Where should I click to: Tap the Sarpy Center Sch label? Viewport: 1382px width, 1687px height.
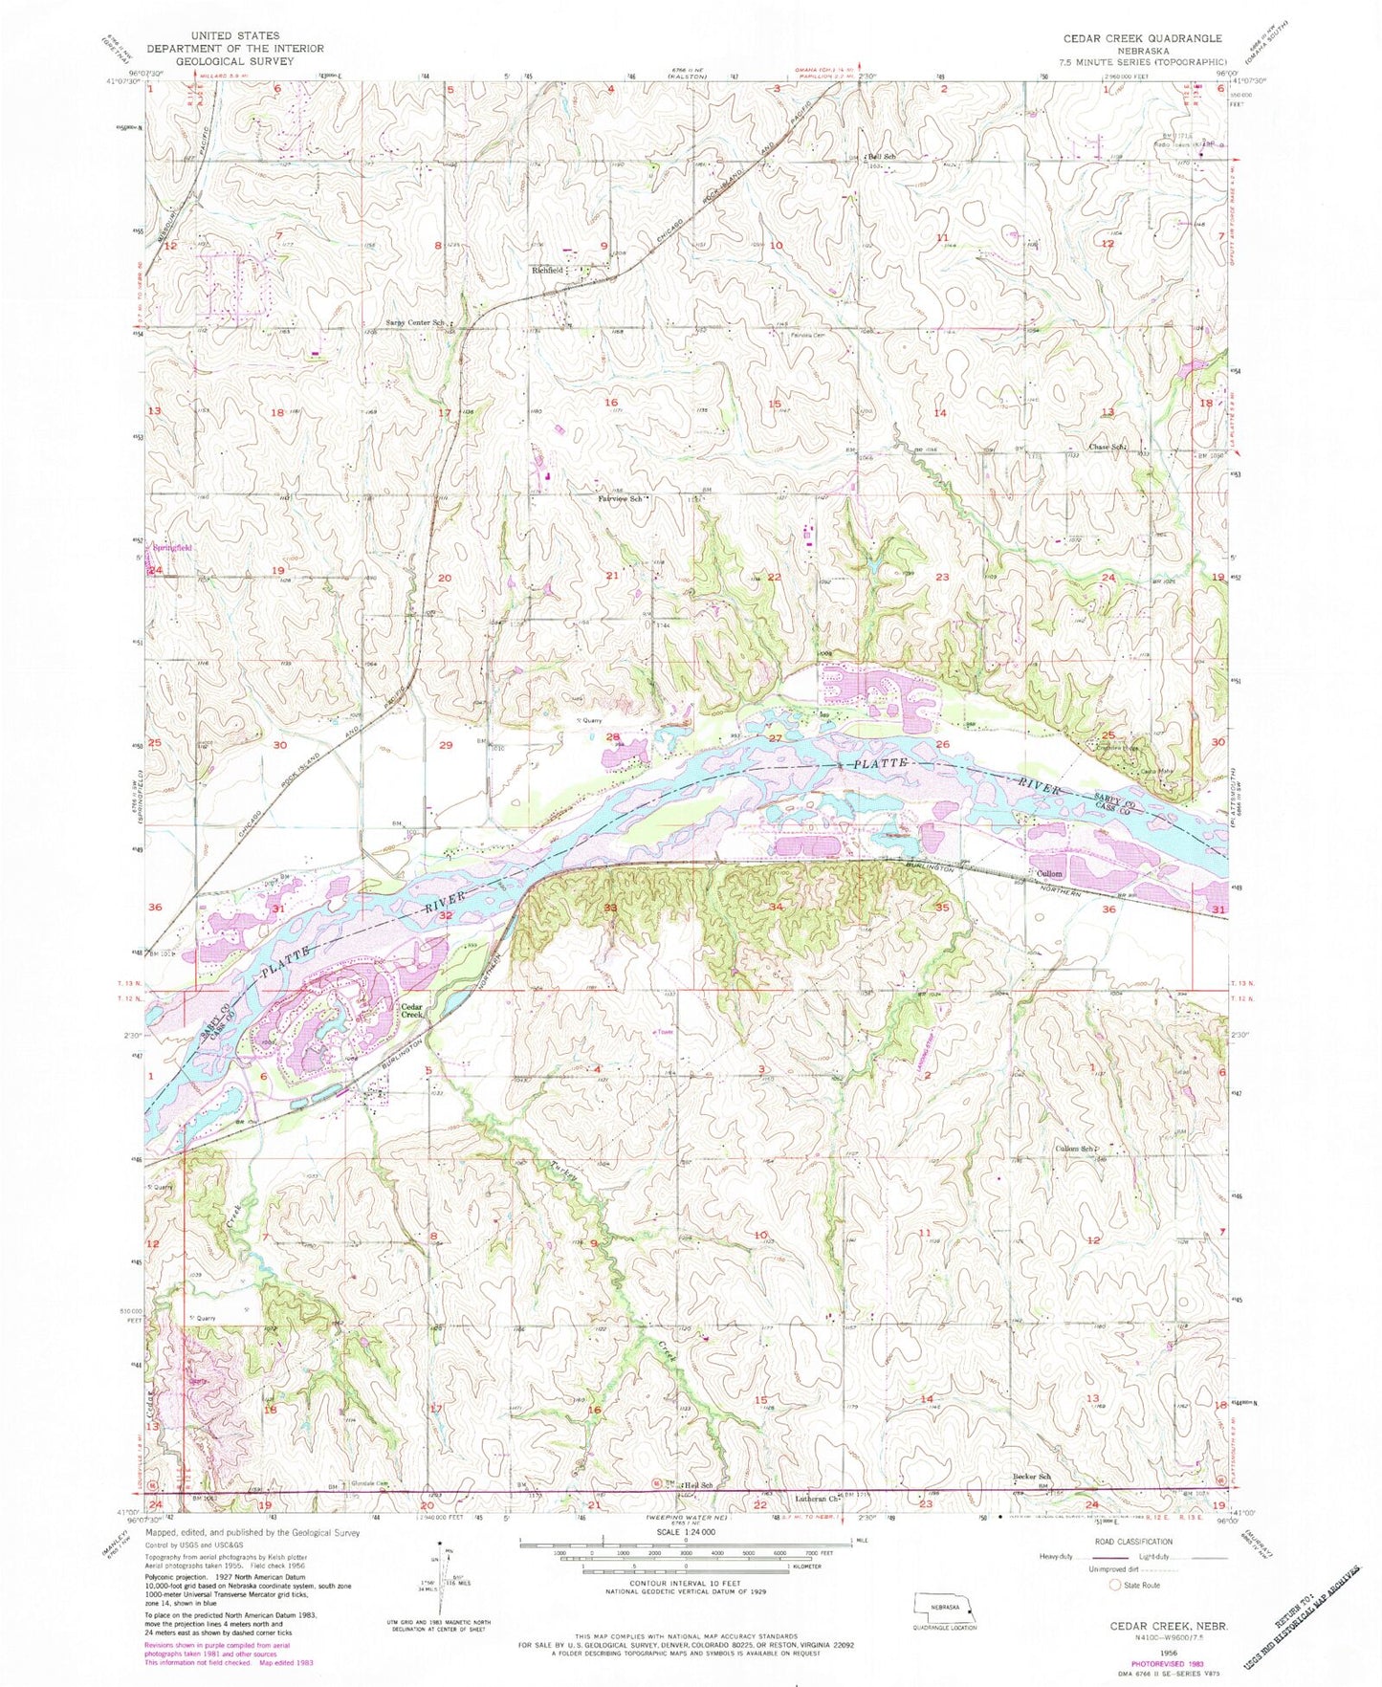tap(415, 322)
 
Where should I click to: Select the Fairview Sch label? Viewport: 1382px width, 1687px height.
tap(619, 498)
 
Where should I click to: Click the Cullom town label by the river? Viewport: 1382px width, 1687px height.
tap(1049, 874)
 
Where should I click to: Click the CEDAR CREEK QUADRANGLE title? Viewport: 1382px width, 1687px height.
tap(1130, 38)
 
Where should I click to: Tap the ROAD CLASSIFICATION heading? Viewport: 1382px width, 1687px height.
tap(1134, 1542)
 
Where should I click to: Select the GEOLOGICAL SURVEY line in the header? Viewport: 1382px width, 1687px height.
tap(234, 61)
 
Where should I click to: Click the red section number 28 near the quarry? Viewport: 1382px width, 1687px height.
tap(612, 736)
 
